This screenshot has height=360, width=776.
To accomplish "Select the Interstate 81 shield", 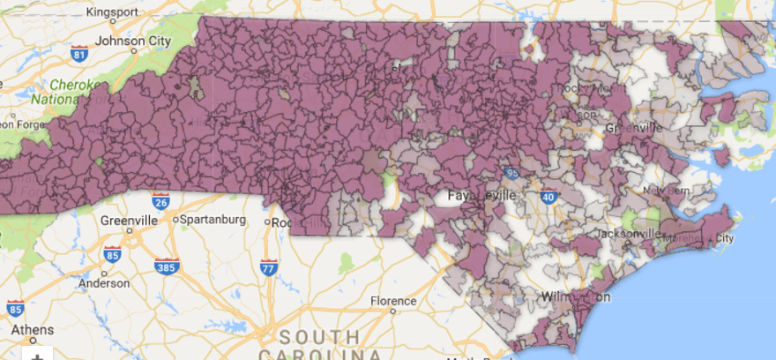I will point(80,55).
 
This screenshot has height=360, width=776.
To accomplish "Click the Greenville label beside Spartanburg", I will point(129,220).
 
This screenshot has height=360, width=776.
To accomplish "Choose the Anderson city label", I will point(102,284).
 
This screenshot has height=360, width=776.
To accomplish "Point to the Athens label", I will point(32,330).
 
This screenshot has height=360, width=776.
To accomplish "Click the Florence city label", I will point(392,301).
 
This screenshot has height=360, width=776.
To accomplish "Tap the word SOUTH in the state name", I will point(317,337).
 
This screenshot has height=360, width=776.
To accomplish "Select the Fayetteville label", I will point(481,195).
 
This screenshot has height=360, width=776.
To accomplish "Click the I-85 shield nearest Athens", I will point(15,309).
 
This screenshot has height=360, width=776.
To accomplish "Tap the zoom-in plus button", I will point(36,355).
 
